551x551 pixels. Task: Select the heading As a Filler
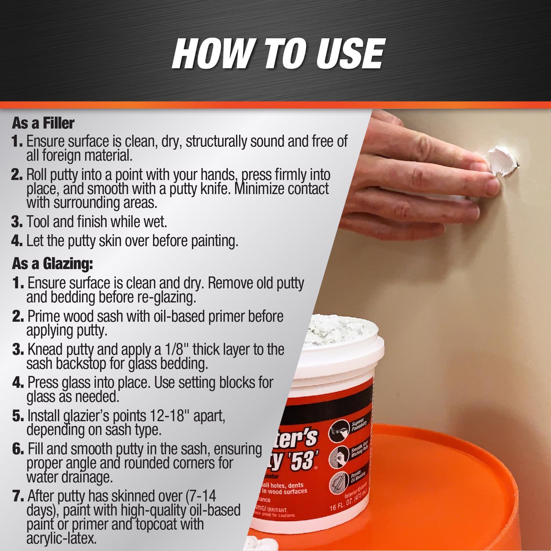pos(43,123)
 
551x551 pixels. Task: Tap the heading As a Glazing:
pos(52,263)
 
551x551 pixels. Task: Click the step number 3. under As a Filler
pos(17,222)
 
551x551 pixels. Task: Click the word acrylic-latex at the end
pos(61,538)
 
